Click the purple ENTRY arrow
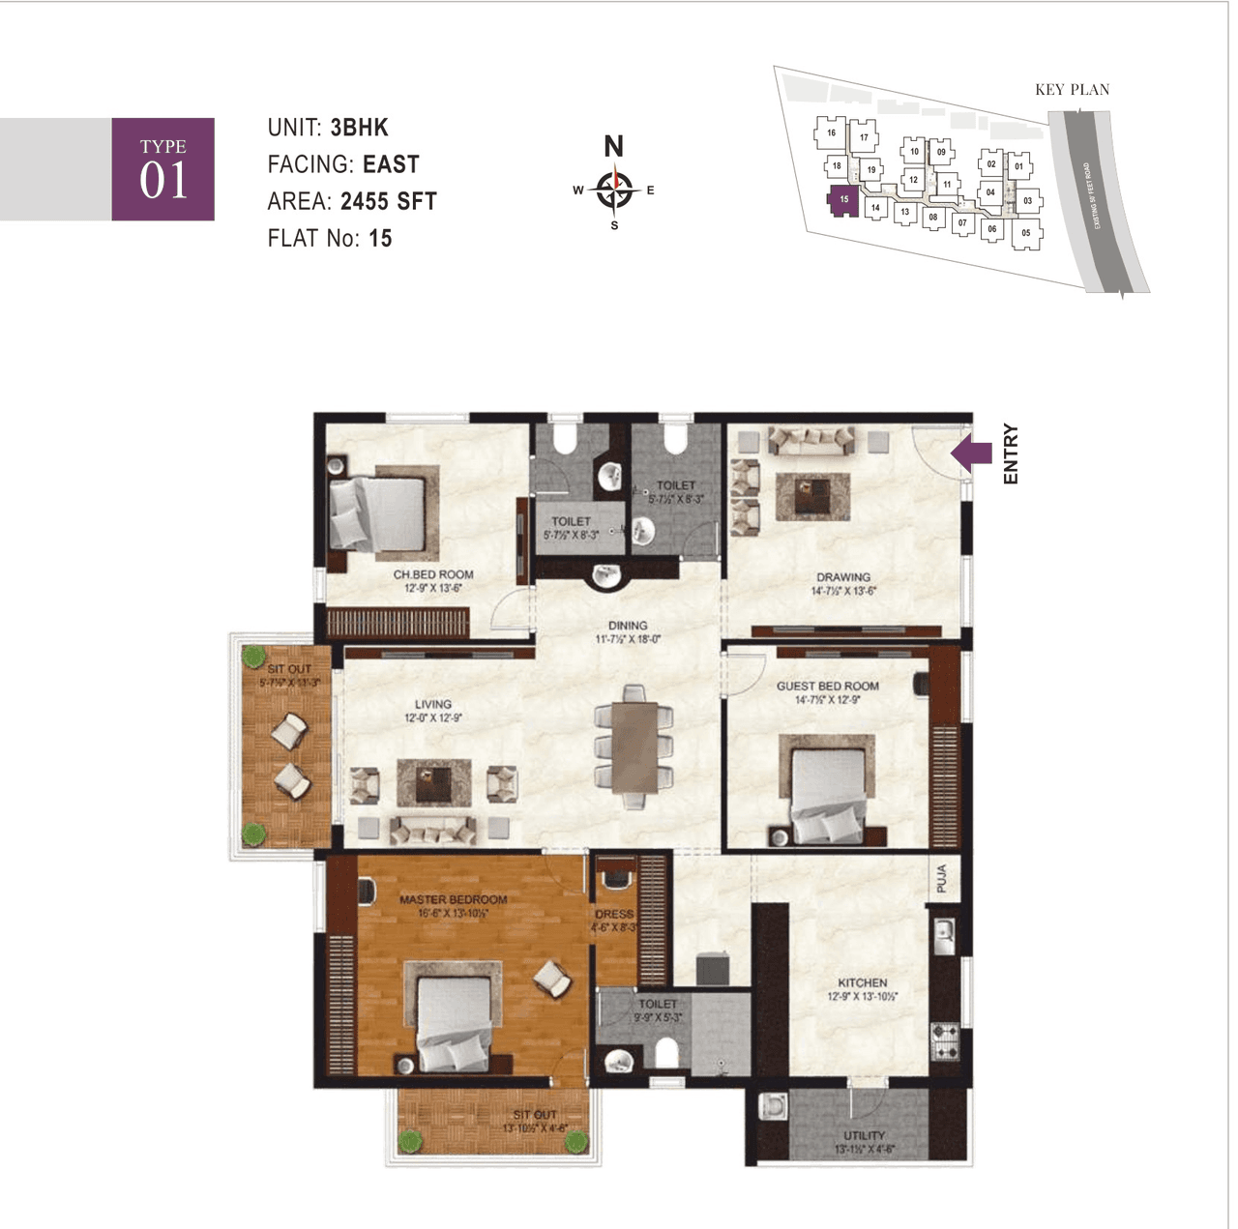972,454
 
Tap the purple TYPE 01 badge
162,169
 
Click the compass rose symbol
614,189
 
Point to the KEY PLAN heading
1072,90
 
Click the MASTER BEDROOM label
453,899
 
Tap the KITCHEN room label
862,982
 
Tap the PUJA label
942,879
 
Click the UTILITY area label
864,1135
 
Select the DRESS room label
614,914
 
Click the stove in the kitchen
945,1042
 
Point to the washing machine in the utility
773,1105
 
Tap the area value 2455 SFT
389,201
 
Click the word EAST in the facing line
391,164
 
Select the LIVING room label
432,704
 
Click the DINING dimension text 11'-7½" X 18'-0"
628,639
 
